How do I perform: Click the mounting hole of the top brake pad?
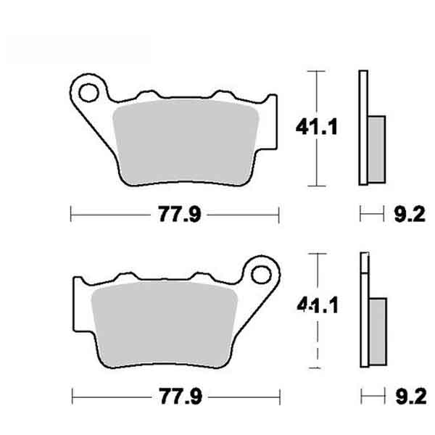[88, 92]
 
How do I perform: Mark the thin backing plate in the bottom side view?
[363, 312]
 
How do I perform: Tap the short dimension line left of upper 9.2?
[371, 213]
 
